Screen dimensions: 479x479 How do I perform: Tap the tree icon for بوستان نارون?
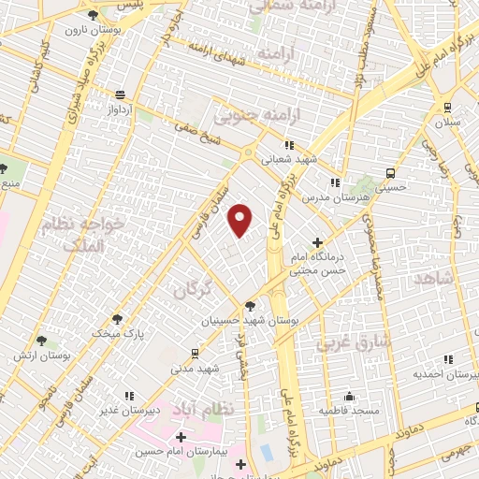pos(92,16)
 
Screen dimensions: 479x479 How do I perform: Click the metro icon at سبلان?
pos(448,107)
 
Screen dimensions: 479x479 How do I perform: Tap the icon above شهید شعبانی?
pos(289,145)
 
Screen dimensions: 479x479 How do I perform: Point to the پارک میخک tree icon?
pos(117,318)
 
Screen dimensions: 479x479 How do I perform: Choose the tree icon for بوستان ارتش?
pos(40,341)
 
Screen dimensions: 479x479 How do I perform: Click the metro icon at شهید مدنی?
pos(195,353)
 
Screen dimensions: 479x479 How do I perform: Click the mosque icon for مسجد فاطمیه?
pos(350,396)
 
